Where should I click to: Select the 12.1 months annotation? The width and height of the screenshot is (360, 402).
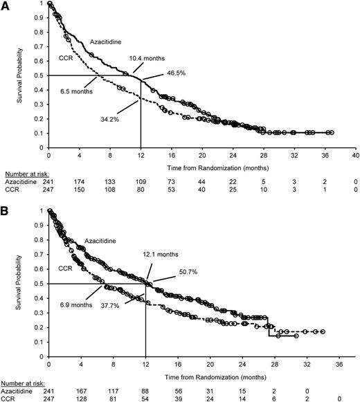[x=159, y=255]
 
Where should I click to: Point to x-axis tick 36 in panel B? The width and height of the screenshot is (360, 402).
[x=339, y=363]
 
